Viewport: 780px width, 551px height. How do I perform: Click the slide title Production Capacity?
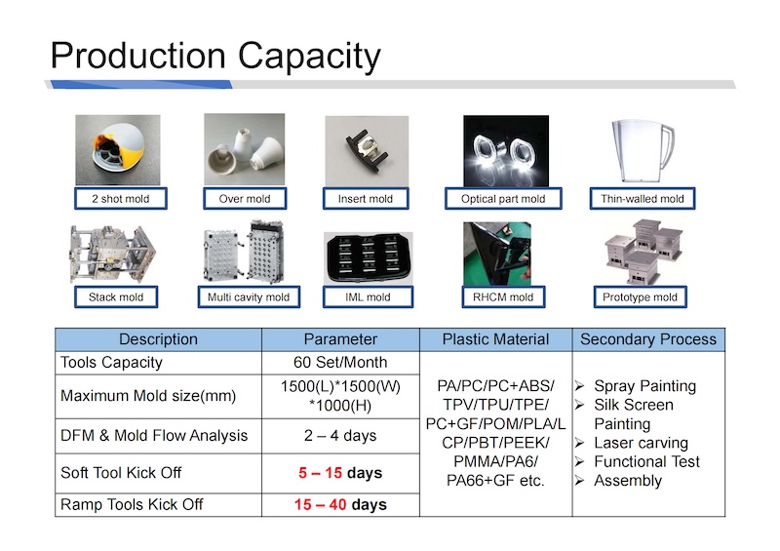pyautogui.click(x=215, y=57)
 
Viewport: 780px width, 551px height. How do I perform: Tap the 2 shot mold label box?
pyautogui.click(x=120, y=199)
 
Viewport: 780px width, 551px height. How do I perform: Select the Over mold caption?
pyautogui.click(x=245, y=199)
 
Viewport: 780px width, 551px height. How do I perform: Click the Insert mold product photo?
pyautogui.click(x=367, y=151)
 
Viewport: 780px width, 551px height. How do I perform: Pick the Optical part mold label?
pyautogui.click(x=503, y=199)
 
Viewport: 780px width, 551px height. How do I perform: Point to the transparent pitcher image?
pyautogui.click(x=643, y=151)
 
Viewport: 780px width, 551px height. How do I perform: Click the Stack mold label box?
pyautogui.click(x=116, y=297)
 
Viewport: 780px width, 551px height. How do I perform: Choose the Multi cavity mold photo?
pyautogui.click(x=245, y=253)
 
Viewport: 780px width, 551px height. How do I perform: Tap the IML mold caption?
pyautogui.click(x=368, y=297)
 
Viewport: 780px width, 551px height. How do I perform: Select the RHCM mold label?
pyautogui.click(x=503, y=297)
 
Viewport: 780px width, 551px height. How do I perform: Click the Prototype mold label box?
pyautogui.click(x=640, y=297)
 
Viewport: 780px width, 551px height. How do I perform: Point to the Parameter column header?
pyautogui.click(x=340, y=339)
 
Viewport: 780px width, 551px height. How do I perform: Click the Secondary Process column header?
pyautogui.click(x=648, y=339)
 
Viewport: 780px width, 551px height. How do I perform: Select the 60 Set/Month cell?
pyautogui.click(x=340, y=363)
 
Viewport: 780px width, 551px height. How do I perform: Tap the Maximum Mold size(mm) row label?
pyautogui.click(x=148, y=396)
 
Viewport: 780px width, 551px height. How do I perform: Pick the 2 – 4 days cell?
pyautogui.click(x=340, y=436)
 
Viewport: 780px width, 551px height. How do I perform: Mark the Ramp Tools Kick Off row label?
pyautogui.click(x=132, y=504)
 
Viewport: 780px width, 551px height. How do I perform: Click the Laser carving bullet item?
pyautogui.click(x=632, y=443)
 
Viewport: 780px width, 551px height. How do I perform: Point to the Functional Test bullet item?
pyautogui.click(x=638, y=461)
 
